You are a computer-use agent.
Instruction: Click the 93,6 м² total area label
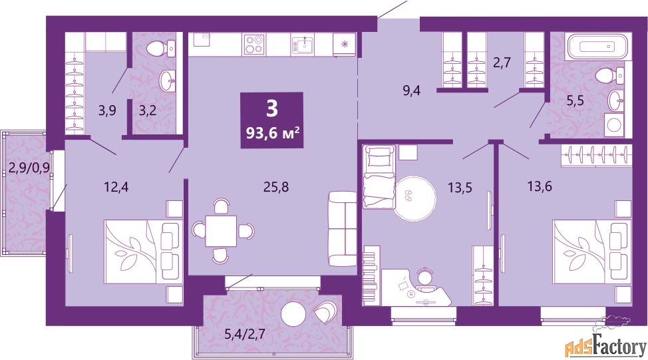[272, 133]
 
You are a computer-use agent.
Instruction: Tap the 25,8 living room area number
[276, 187]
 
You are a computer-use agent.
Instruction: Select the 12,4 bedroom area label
[116, 187]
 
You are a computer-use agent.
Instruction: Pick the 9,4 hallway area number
[412, 90]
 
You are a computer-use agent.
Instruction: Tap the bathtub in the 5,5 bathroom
[599, 47]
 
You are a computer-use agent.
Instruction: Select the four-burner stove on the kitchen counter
[253, 45]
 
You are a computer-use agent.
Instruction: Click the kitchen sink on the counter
[303, 45]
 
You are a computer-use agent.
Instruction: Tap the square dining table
[222, 230]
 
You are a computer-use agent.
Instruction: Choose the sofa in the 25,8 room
[342, 228]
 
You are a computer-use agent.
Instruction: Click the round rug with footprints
[414, 197]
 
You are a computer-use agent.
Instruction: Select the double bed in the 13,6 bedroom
[592, 252]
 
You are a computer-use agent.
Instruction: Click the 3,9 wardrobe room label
[107, 110]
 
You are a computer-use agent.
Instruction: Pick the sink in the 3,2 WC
[168, 80]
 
